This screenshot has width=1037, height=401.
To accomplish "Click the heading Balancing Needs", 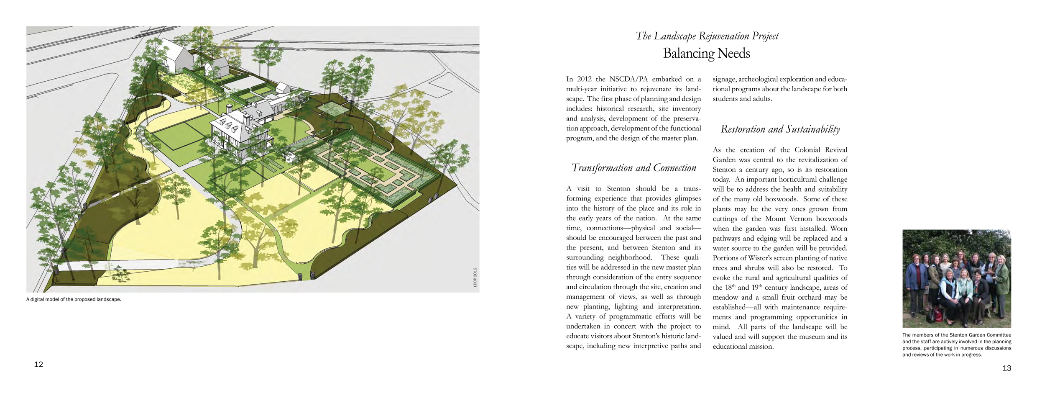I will pyautogui.click(x=706, y=54).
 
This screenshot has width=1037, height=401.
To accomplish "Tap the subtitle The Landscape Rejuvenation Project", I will pyautogui.click(x=707, y=36).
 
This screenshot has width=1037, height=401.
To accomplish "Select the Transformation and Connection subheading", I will pyautogui.click(x=633, y=168).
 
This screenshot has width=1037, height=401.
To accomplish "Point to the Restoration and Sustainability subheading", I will pyautogui.click(x=780, y=129).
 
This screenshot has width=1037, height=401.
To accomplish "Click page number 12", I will pyautogui.click(x=38, y=365).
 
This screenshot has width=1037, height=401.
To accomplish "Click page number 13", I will pyautogui.click(x=1006, y=368).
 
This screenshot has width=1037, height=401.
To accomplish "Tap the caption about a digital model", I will pyautogui.click(x=74, y=300).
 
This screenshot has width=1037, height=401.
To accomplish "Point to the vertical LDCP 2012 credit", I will pyautogui.click(x=475, y=278).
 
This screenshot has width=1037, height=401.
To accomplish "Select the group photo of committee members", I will pyautogui.click(x=956, y=278).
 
